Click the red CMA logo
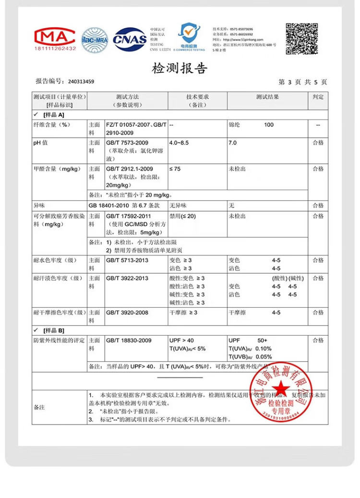coord(55,39)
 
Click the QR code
coord(302,38)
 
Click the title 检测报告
coord(180,68)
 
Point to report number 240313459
coord(81,82)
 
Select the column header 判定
coord(318,97)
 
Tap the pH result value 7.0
coord(233,143)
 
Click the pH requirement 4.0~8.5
coord(179,143)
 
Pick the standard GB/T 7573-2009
coord(127,143)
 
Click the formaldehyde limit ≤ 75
coord(175,169)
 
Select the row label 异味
coord(39,206)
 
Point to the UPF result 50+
coord(262,340)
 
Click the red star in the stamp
coord(280,387)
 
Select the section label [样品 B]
coord(53,330)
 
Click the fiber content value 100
coord(269,125)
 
